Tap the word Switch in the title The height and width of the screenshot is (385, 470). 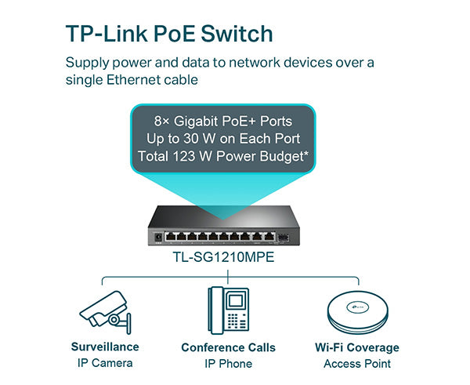pyautogui.click(x=238, y=34)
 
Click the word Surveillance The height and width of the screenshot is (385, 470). pyautogui.click(x=105, y=347)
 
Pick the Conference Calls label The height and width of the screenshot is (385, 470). pyautogui.click(x=228, y=347)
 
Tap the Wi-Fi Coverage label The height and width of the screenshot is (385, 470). pyautogui.click(x=356, y=347)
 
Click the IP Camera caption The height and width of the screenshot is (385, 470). pyautogui.click(x=105, y=363)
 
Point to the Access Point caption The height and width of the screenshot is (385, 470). pyautogui.click(x=356, y=364)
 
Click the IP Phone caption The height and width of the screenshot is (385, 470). pyautogui.click(x=228, y=364)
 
